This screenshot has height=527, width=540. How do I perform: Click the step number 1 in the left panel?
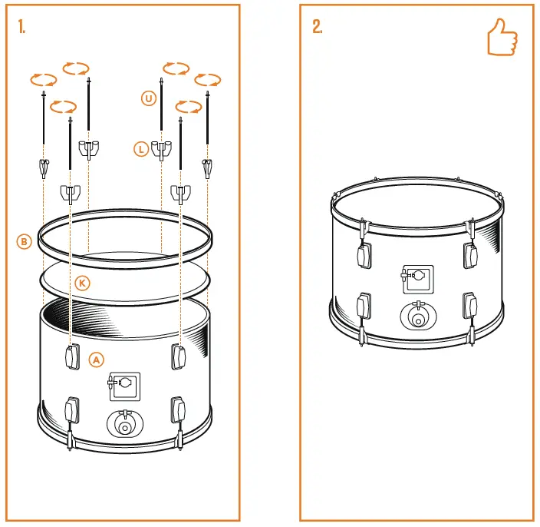[22, 27]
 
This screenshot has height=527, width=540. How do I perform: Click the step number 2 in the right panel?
[317, 27]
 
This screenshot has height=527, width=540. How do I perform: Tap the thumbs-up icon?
[502, 36]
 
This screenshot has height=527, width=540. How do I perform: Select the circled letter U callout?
[147, 98]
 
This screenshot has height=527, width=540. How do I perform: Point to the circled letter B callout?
[24, 241]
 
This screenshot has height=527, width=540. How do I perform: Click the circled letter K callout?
[83, 283]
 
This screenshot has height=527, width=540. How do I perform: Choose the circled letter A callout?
[96, 359]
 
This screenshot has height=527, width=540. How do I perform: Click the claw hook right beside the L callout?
[161, 149]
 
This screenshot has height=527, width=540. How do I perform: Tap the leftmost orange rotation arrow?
[43, 79]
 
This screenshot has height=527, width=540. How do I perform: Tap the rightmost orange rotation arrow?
[208, 79]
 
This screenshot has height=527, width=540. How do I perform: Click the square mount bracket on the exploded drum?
[123, 386]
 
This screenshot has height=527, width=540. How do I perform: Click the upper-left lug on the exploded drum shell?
[71, 356]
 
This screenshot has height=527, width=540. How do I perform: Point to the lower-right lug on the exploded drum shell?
[178, 409]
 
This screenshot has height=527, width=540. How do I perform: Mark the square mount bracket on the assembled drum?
[417, 279]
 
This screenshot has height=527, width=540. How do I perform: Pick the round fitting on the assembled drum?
[417, 316]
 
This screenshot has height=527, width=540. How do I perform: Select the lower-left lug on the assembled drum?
[363, 306]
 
